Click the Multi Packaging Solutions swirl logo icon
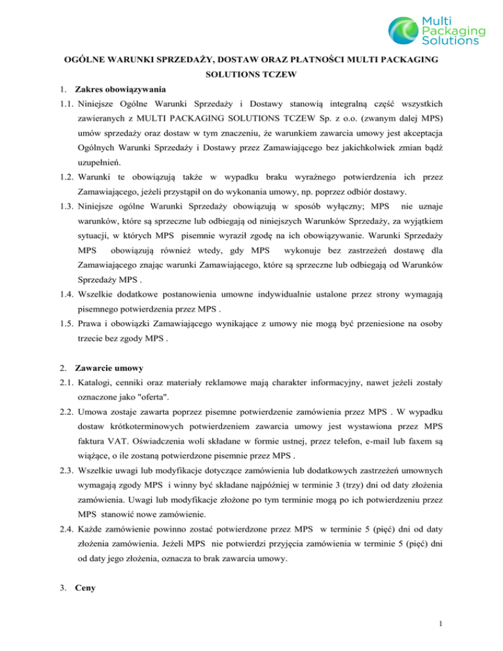(406, 31)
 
